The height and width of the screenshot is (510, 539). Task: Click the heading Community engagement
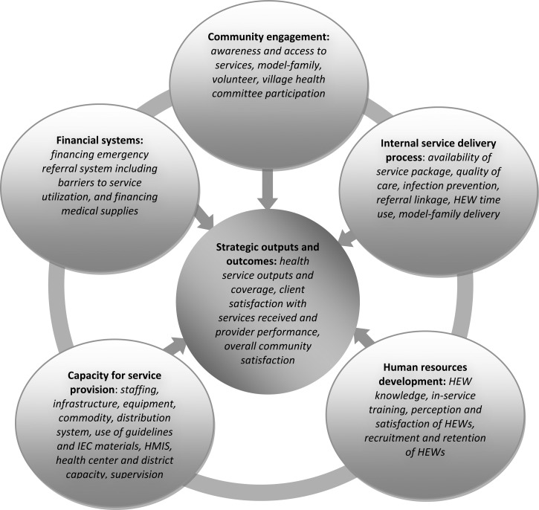270,36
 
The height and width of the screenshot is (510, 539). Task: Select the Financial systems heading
104,139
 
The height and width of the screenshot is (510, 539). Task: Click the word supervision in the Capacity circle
141,474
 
